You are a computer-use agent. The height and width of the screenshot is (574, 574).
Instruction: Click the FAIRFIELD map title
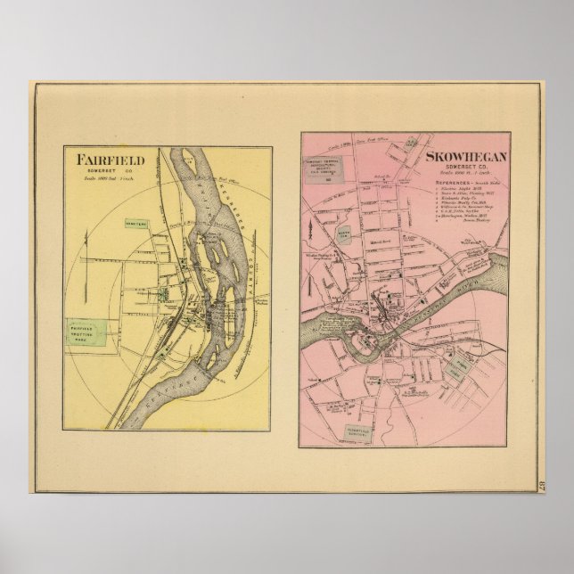(x=101, y=160)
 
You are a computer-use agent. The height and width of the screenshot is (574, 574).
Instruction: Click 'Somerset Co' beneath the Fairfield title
(x=102, y=173)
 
